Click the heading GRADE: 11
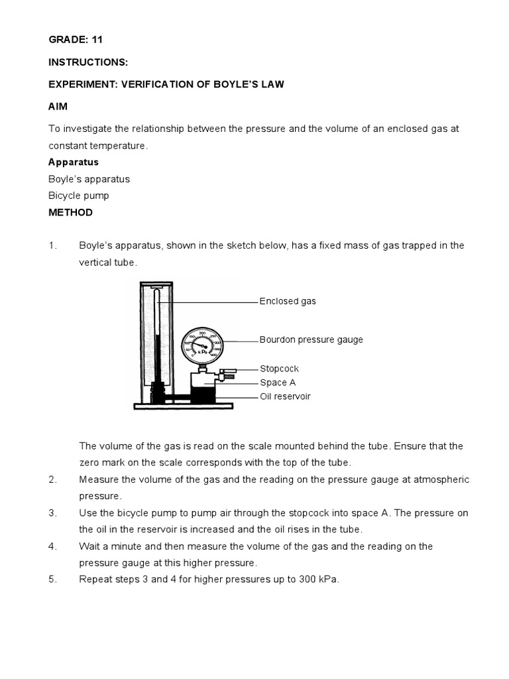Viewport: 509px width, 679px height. pyautogui.click(x=76, y=40)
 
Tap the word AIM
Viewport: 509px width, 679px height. pyautogui.click(x=58, y=107)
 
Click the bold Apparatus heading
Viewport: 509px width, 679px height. pyautogui.click(x=74, y=162)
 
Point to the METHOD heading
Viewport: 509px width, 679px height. pyautogui.click(x=70, y=213)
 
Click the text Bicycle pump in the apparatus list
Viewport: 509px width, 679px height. pyautogui.click(x=79, y=196)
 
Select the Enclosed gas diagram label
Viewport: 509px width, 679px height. pyautogui.click(x=288, y=301)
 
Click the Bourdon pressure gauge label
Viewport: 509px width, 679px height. pyautogui.click(x=311, y=339)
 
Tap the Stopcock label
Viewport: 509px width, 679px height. pyautogui.click(x=279, y=368)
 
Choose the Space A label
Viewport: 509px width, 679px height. pyautogui.click(x=278, y=383)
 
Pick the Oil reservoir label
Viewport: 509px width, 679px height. pyautogui.click(x=285, y=397)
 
